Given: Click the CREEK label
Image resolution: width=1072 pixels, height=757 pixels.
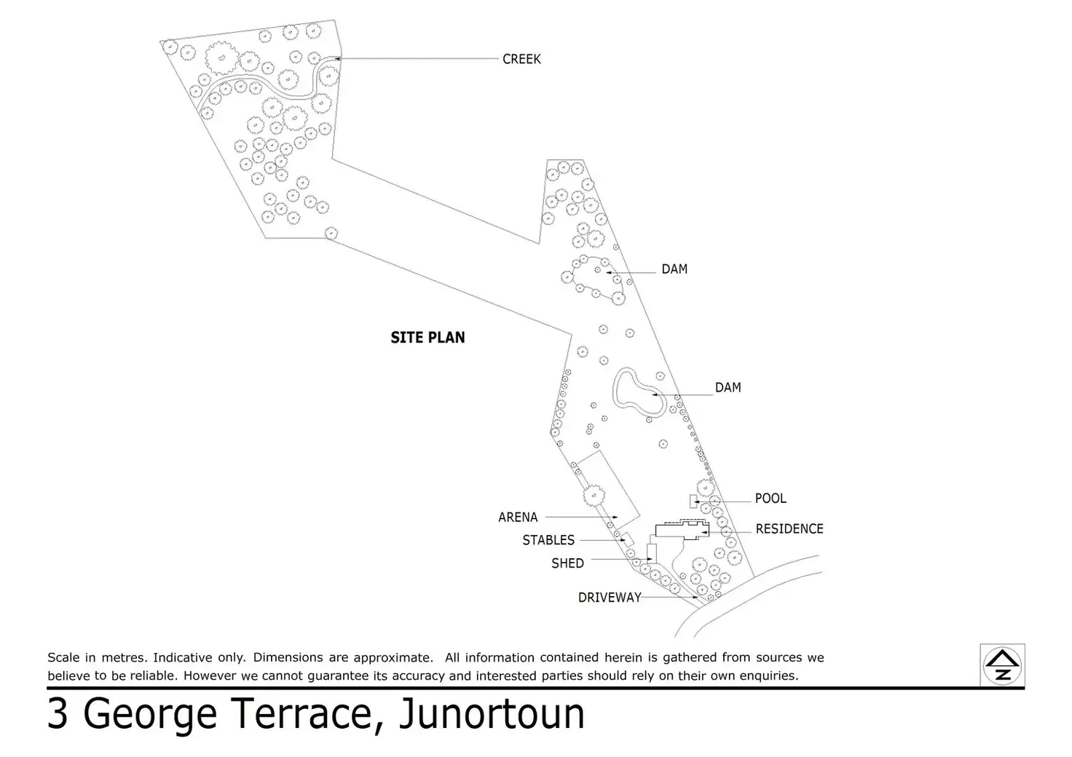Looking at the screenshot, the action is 521,59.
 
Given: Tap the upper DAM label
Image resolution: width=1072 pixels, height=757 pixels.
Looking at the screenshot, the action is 674,269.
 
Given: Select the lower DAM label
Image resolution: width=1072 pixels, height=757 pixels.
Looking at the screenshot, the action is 728,388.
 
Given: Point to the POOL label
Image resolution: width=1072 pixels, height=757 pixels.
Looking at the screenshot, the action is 770,499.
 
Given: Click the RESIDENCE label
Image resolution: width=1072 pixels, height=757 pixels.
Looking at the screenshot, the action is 789,529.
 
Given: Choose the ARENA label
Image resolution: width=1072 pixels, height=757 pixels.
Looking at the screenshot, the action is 518,518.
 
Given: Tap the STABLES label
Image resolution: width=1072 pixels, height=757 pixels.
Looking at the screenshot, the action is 548,540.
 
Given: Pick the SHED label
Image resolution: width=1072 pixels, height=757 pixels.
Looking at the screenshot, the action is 567,563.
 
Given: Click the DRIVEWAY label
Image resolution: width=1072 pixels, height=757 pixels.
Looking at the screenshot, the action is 610,598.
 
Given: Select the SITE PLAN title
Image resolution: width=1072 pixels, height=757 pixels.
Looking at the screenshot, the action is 427,338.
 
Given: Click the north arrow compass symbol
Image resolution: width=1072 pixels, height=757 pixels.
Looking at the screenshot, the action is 1003,665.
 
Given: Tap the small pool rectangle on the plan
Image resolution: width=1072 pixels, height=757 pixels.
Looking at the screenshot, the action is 693,501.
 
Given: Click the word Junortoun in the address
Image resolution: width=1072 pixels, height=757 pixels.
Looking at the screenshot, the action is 492,714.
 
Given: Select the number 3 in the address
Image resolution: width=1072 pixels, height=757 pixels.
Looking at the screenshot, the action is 58,714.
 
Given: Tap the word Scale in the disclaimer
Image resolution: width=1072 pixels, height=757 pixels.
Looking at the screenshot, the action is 63,657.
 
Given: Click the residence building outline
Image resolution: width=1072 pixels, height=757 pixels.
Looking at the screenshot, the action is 681,530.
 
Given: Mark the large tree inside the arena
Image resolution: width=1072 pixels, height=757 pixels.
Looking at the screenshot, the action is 593,494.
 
